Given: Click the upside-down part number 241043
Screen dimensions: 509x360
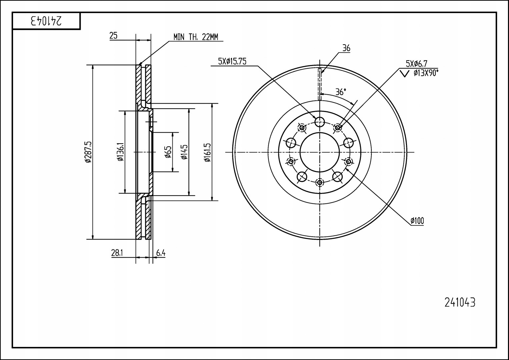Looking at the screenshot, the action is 46,21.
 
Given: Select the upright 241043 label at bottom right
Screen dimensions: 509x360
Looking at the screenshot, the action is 460,303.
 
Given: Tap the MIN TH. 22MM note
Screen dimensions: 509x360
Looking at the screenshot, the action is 196,37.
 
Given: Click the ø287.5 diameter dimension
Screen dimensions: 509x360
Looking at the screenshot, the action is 88,152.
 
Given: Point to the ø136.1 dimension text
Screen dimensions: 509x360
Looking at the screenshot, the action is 120,152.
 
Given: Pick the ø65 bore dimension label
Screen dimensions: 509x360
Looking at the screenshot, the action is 168,152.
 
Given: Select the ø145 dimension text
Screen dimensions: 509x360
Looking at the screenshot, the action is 184,152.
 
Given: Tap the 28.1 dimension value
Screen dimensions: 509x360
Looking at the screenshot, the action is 117,253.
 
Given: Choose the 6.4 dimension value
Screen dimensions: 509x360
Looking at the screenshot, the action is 161,253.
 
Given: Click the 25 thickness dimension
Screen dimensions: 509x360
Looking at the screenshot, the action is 113,36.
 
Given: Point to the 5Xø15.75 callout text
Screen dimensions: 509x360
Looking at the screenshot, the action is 232,61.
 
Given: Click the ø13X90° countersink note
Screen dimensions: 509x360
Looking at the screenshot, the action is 426,73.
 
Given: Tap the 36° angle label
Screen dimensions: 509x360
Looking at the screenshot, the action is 341,92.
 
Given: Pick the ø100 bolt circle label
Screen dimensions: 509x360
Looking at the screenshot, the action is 417,221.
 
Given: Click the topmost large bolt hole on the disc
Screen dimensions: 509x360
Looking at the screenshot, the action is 320,122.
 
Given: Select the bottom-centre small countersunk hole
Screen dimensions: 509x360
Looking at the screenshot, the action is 320,182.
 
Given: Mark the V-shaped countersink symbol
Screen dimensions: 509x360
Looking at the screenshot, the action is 404,74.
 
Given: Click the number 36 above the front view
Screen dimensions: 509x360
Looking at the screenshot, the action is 346,48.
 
